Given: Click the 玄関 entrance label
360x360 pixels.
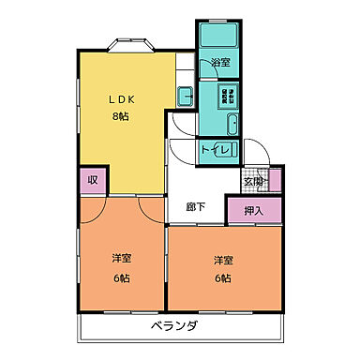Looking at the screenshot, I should click(x=253, y=182).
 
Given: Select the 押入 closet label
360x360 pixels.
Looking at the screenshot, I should click(x=253, y=211).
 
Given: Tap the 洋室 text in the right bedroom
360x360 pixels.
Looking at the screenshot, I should click(x=222, y=260).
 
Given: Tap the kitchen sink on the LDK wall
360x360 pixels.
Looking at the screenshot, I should click(x=185, y=97).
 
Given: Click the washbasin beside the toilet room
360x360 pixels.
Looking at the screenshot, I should click(x=233, y=125).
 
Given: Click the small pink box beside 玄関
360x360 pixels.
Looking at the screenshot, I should click(x=275, y=181).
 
